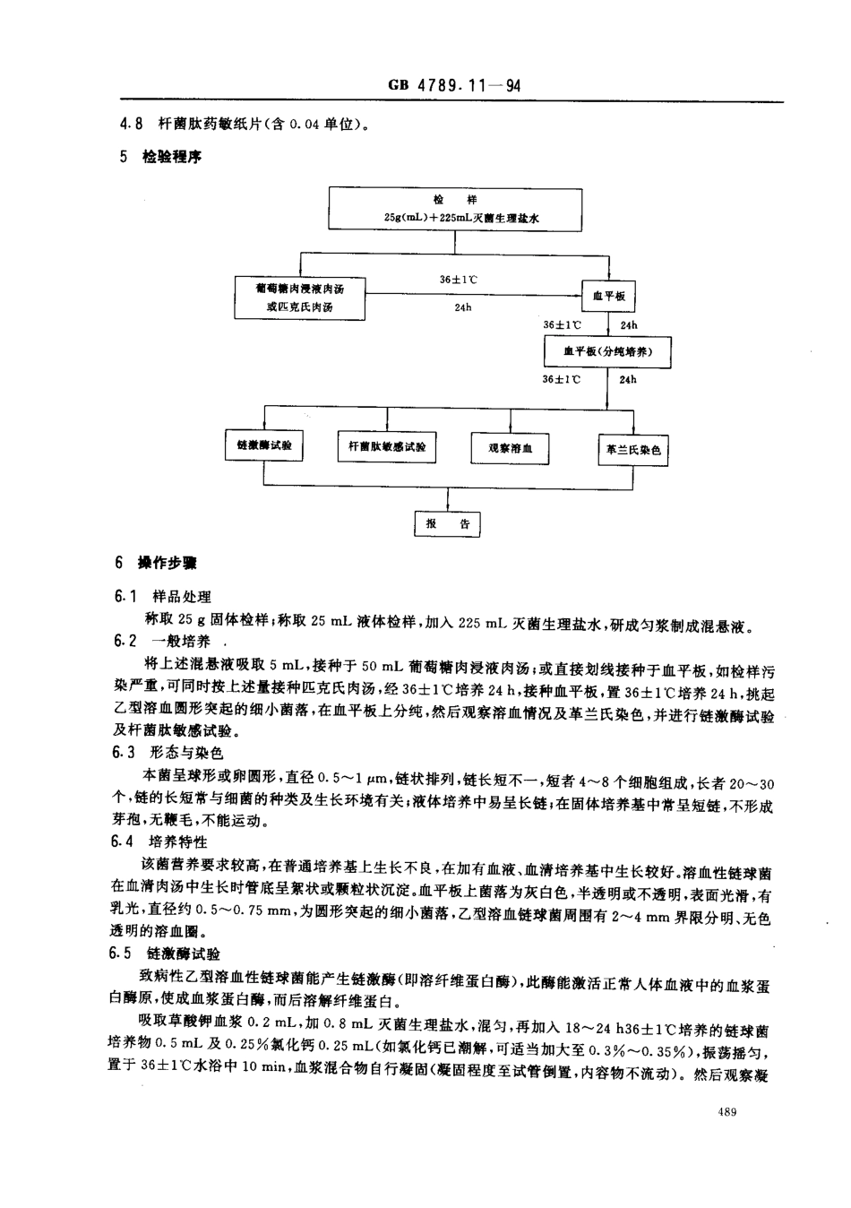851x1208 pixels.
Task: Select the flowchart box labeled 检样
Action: pyautogui.click(x=455, y=208)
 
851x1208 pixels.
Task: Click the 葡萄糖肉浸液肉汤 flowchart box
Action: pyautogui.click(x=298, y=297)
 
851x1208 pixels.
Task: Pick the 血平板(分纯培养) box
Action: pyautogui.click(x=607, y=351)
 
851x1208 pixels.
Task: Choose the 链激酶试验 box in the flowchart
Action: pyautogui.click(x=263, y=445)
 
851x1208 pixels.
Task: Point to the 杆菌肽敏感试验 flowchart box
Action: pyautogui.click(x=387, y=446)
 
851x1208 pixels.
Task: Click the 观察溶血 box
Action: pyautogui.click(x=510, y=448)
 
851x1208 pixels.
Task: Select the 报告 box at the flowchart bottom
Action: pyautogui.click(x=447, y=523)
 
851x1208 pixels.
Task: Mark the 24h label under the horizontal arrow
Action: pyautogui.click(x=462, y=307)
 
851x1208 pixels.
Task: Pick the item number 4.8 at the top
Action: pyautogui.click(x=132, y=125)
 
